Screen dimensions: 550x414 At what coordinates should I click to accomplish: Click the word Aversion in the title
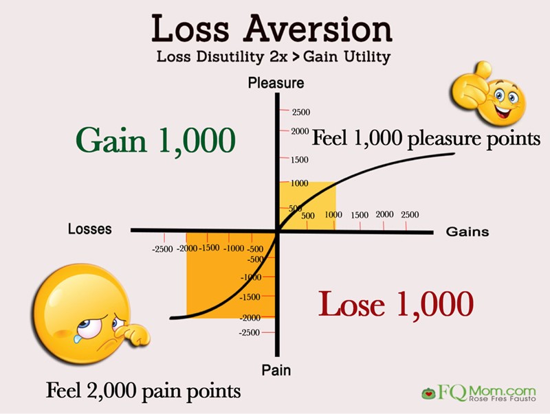tap(318, 29)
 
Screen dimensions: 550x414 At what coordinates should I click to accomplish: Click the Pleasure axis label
tap(276, 83)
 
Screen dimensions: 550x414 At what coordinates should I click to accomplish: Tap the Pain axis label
tap(276, 370)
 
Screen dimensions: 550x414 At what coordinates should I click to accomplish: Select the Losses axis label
tap(90, 229)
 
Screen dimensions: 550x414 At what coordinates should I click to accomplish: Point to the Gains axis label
tap(467, 231)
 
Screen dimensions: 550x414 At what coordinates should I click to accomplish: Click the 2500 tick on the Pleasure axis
tap(301, 112)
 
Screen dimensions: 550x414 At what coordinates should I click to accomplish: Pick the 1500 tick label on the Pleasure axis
tap(299, 160)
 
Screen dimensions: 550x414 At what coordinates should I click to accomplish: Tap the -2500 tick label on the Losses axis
tap(162, 249)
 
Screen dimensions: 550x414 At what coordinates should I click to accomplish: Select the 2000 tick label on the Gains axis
tap(384, 214)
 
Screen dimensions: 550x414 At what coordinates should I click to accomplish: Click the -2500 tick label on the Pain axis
tap(250, 332)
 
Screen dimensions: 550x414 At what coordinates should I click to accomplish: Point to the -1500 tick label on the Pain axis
tap(250, 297)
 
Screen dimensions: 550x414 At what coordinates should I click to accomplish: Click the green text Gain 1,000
tap(155, 141)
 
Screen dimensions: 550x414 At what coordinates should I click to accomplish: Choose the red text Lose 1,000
tap(396, 304)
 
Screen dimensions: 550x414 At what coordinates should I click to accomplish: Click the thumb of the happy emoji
tap(483, 70)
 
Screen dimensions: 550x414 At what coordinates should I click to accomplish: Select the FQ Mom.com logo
tap(478, 392)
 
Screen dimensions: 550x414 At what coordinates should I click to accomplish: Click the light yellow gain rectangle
tap(307, 206)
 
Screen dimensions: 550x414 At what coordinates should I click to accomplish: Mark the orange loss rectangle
tap(230, 275)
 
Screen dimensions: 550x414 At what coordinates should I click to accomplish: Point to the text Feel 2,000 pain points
tap(144, 391)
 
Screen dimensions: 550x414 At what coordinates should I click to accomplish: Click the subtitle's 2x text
tap(279, 57)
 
